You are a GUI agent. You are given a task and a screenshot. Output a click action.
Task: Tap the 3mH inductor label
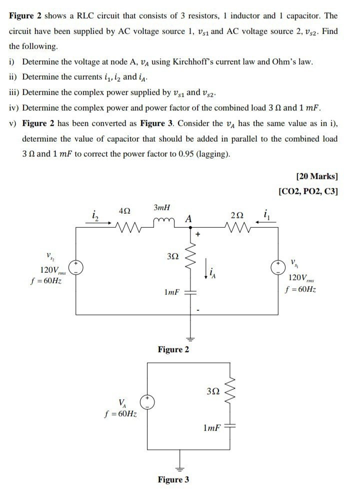click(162, 207)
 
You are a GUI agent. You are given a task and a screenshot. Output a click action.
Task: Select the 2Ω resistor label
click(238, 216)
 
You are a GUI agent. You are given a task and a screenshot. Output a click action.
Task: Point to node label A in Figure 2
click(188, 218)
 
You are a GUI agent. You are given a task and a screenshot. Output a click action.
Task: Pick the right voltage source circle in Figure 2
click(278, 267)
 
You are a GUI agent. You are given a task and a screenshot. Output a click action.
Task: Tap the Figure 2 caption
click(173, 349)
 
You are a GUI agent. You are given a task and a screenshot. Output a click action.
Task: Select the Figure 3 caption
click(173, 479)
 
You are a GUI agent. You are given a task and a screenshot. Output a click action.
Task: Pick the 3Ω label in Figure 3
click(211, 390)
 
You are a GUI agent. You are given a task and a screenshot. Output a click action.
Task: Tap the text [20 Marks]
click(317, 176)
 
